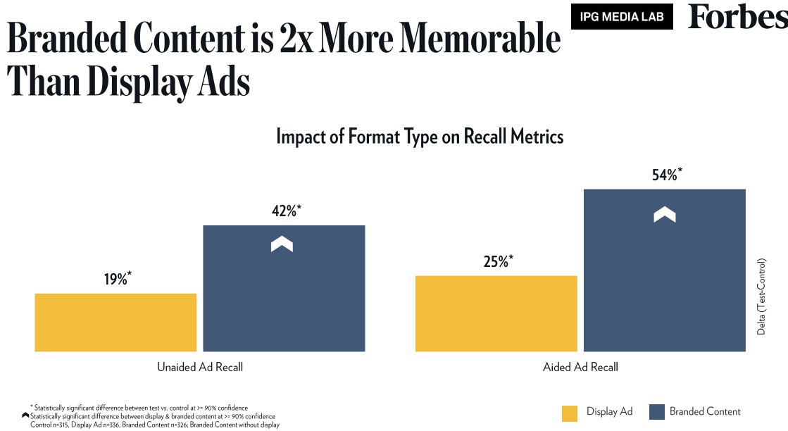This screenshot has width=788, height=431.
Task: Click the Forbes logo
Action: [x=737, y=17]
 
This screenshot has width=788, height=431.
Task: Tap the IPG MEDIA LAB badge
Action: [x=622, y=17]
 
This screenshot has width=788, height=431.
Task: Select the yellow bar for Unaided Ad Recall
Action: [x=115, y=322]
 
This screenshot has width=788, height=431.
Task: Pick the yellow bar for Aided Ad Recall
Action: [x=496, y=313]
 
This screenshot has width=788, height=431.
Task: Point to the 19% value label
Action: [x=118, y=279]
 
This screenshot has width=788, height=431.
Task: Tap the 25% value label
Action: [x=498, y=261]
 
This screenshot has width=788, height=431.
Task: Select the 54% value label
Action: [x=667, y=175]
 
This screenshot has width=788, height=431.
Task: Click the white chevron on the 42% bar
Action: [x=282, y=244]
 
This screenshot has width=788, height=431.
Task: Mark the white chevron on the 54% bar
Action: [x=664, y=214]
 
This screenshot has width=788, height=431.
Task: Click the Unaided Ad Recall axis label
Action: [x=200, y=367]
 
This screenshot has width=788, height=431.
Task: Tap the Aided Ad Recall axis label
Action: [x=580, y=367]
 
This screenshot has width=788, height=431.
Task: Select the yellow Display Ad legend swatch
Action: [x=570, y=413]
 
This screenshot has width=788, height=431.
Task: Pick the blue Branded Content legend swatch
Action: [x=656, y=413]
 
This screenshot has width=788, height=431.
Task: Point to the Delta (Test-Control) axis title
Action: [x=761, y=295]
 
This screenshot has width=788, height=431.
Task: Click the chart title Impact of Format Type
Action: [x=420, y=136]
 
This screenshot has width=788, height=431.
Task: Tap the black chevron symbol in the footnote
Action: [x=26, y=416]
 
